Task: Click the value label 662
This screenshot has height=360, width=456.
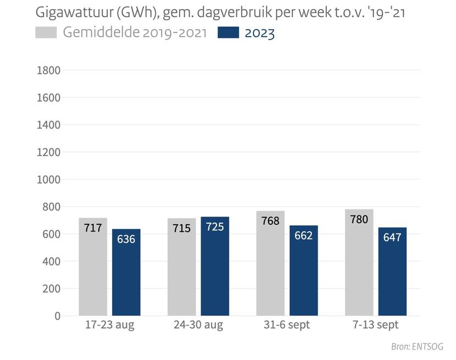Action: (x=303, y=236)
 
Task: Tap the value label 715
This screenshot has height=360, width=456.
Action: (x=181, y=228)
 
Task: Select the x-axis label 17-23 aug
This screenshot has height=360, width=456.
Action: (x=110, y=325)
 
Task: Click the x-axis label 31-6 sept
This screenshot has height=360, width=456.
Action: (x=287, y=325)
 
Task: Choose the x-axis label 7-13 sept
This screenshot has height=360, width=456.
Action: (x=376, y=325)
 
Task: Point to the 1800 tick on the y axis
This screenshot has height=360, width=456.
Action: (x=48, y=70)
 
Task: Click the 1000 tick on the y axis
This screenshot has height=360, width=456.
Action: (x=48, y=179)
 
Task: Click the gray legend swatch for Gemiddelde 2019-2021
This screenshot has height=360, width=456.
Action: (x=46, y=33)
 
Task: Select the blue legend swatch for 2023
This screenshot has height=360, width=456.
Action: (x=228, y=33)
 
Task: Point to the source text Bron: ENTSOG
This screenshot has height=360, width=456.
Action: (x=417, y=347)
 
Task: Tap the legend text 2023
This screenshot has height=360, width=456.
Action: (x=260, y=33)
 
